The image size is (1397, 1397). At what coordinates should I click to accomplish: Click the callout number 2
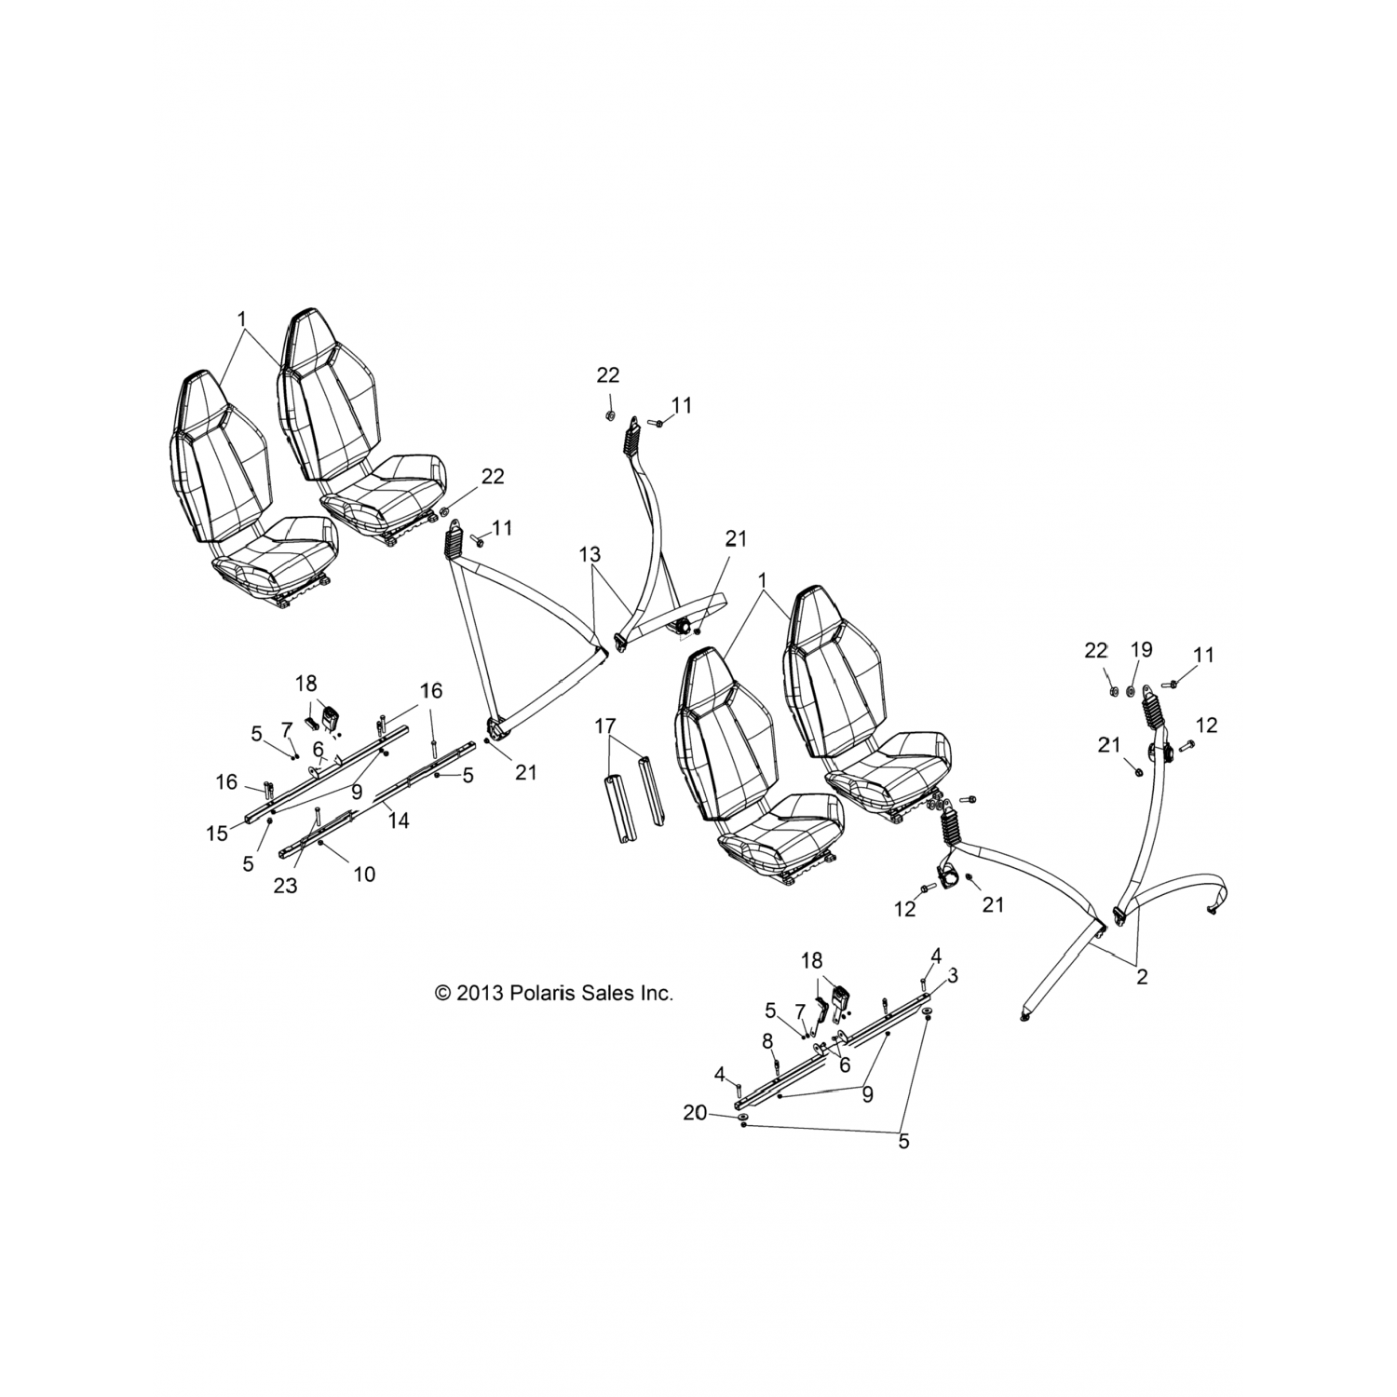click(x=1142, y=977)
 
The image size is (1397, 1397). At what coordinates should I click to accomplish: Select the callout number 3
click(x=953, y=975)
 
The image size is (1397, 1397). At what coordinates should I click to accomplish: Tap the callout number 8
click(x=767, y=1039)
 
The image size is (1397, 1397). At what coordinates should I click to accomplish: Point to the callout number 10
click(x=364, y=874)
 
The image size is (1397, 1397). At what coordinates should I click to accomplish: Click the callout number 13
click(x=590, y=556)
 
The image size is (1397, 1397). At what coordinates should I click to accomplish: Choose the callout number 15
click(x=217, y=833)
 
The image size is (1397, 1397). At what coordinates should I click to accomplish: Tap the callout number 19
click(x=1142, y=650)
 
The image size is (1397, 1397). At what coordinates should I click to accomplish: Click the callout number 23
click(x=285, y=885)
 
